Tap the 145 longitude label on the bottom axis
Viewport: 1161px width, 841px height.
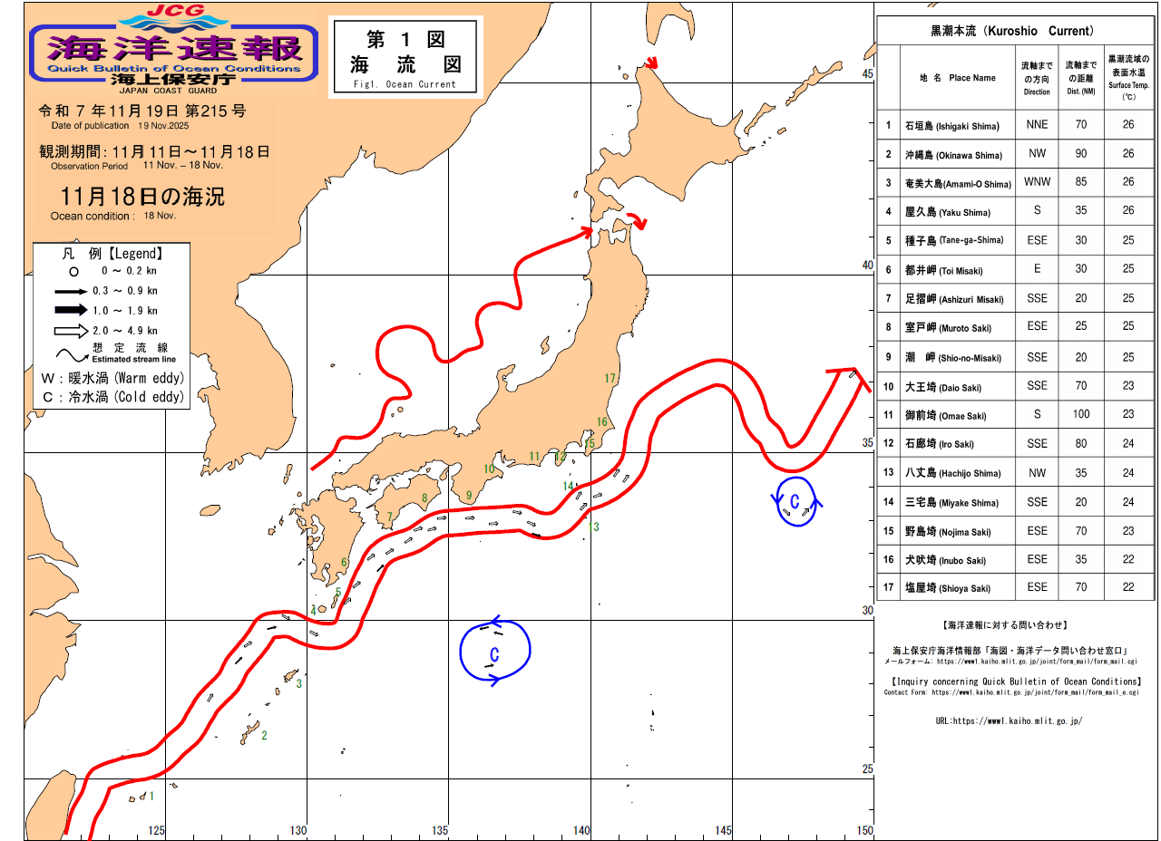[723, 830]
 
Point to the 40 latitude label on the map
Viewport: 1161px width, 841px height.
[866, 266]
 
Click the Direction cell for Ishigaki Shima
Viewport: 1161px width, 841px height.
[1037, 125]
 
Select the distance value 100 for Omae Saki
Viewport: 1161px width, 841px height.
[1080, 415]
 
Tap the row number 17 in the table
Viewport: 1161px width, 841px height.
[889, 588]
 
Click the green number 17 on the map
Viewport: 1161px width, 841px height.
[610, 379]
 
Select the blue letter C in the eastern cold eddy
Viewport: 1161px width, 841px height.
[795, 502]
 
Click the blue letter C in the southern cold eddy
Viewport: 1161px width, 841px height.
[495, 653]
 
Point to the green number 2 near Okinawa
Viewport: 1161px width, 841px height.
[264, 735]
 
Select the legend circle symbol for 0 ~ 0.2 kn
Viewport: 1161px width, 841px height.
[73, 271]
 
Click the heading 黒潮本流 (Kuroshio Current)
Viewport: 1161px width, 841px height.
[1011, 31]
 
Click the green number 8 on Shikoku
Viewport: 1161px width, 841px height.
[424, 497]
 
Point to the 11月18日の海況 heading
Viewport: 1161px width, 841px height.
[142, 196]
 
